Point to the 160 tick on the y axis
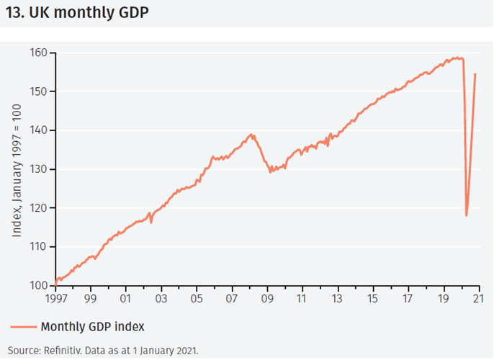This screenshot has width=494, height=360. [x=38, y=53]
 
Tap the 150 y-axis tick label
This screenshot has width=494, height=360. [x=38, y=91]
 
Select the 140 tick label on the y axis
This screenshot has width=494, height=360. [x=38, y=130]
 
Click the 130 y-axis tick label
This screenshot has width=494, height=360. [x=38, y=169]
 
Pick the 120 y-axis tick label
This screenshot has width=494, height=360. [x=38, y=208]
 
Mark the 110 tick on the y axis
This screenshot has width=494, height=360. [x=38, y=247]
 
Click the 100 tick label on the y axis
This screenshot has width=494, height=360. [x=38, y=286]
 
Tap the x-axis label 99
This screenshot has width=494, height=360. [x=91, y=297]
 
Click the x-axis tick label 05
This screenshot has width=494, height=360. [x=197, y=297]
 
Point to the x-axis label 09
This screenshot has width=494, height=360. [x=267, y=297]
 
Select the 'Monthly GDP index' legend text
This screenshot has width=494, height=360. [x=93, y=326]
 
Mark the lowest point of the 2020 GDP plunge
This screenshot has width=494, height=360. [x=467, y=215]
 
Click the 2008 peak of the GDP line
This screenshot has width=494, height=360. [x=251, y=134]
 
